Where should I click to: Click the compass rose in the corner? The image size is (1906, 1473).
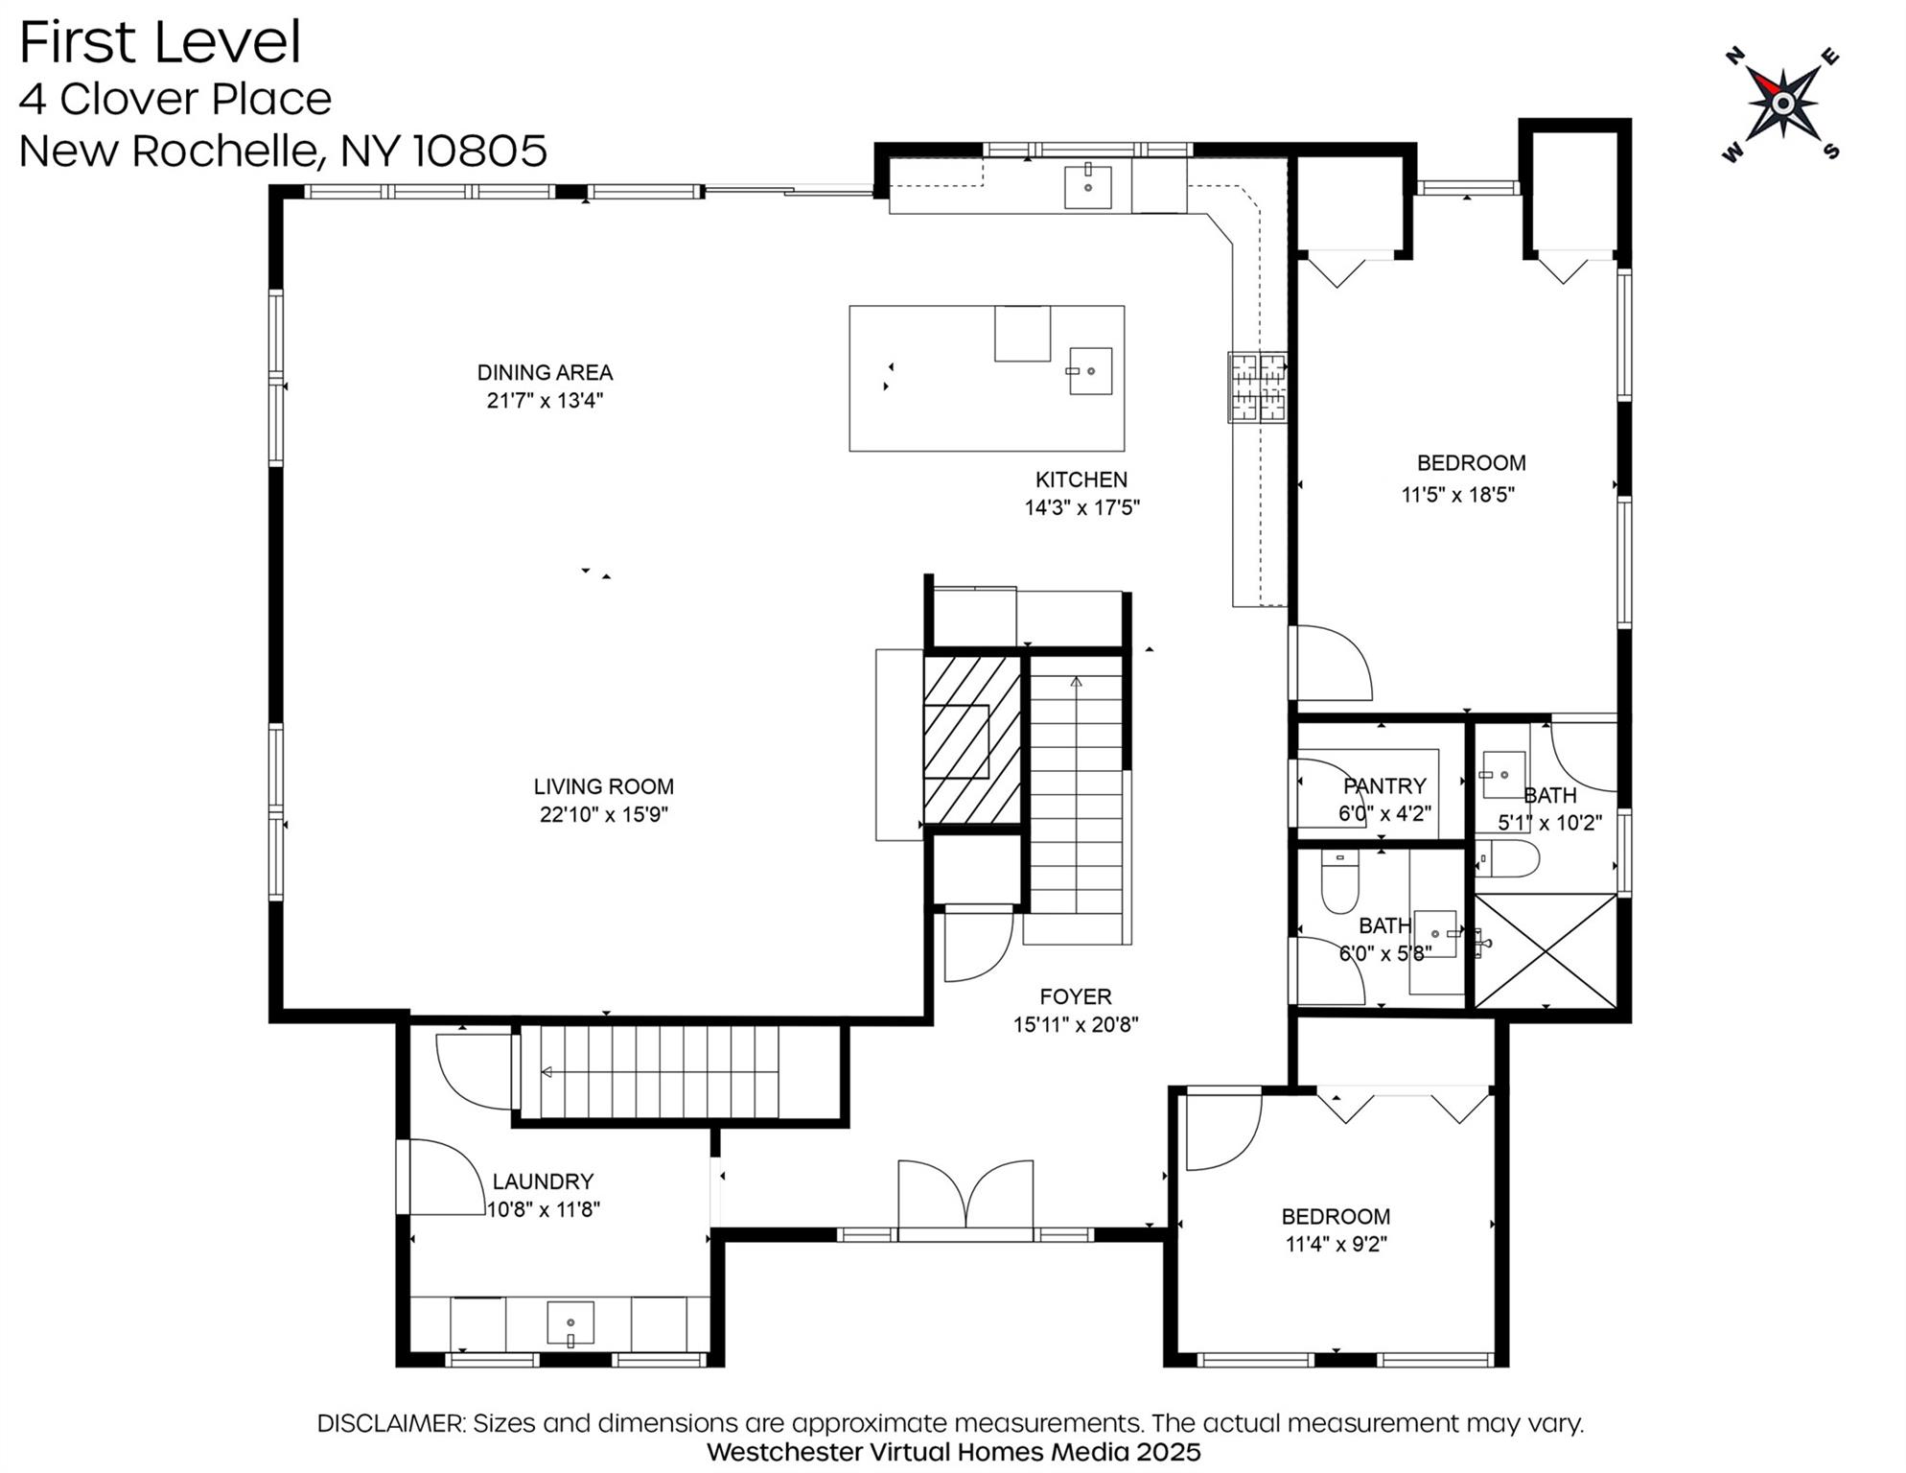click(1781, 103)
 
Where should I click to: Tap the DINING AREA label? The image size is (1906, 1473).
click(545, 372)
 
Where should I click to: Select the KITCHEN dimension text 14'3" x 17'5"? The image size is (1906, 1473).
click(1081, 507)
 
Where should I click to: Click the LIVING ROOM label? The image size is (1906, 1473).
click(603, 786)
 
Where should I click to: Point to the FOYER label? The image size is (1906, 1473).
click(1076, 996)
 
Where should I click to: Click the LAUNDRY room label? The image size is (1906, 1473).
click(543, 1181)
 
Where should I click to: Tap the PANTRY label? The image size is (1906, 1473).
click(1384, 786)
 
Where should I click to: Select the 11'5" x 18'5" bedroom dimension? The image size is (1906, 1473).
click(1457, 495)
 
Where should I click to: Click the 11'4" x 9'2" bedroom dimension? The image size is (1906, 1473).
click(1336, 1244)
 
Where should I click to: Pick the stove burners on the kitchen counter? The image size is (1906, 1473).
click(1258, 387)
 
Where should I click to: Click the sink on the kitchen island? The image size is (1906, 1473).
click(1090, 371)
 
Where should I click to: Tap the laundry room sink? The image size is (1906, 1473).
click(570, 1323)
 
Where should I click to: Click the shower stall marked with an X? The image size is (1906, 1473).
click(1546, 950)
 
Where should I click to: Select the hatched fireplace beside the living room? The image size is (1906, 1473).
click(971, 739)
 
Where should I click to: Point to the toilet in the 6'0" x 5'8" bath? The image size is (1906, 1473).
click(1339, 880)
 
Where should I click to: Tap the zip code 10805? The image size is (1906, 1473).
click(479, 151)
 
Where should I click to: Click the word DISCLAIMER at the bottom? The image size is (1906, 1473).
click(391, 1423)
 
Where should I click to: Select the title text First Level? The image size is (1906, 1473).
click(160, 42)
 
